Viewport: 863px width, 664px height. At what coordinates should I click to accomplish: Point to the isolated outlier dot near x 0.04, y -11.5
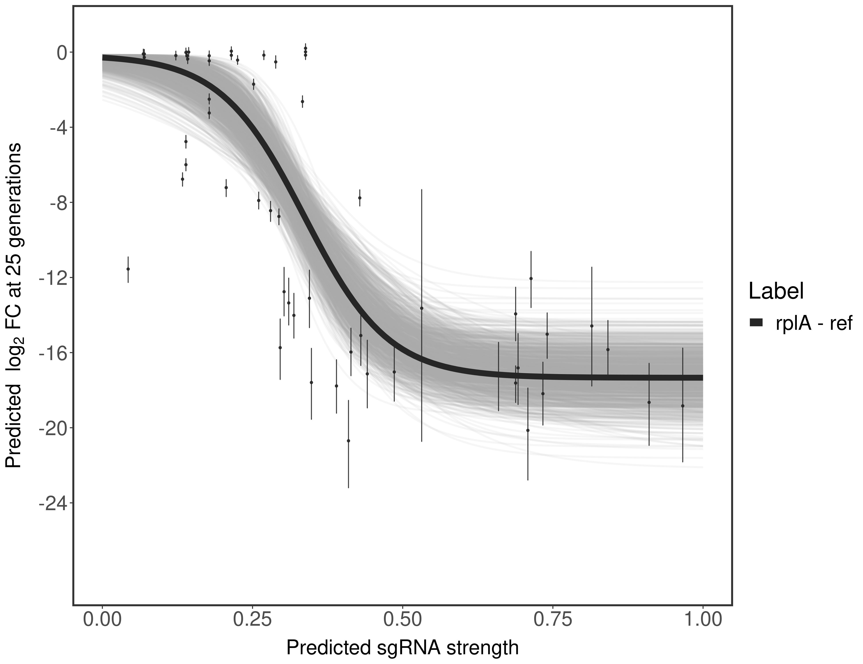128,269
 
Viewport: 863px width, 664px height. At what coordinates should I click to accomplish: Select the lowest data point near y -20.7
348,441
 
